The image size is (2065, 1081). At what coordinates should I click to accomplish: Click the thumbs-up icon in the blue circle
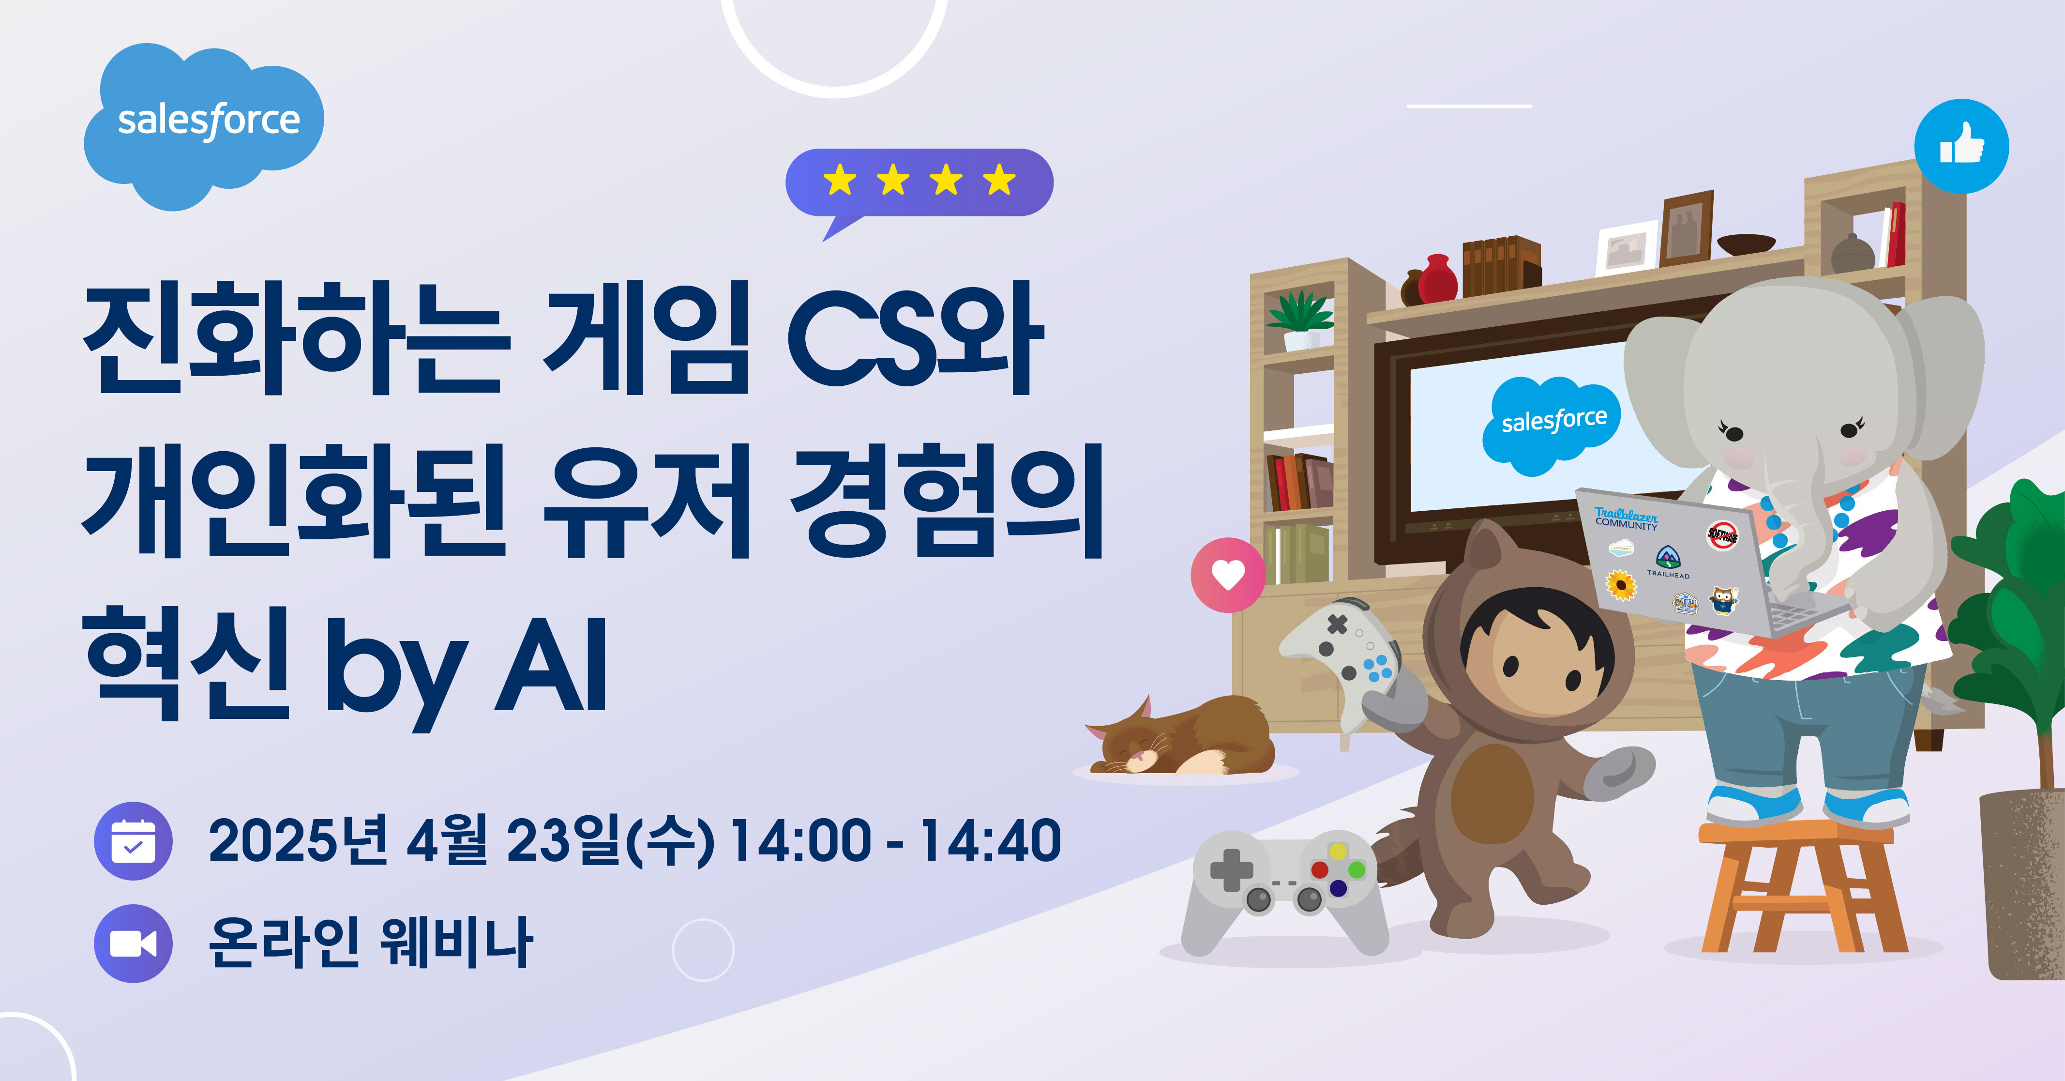coord(1961,147)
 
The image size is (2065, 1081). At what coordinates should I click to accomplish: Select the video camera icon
coord(133,944)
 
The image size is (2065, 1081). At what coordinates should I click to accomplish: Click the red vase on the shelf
coord(1437,278)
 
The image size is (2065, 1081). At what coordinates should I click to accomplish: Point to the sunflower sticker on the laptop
coord(1622,585)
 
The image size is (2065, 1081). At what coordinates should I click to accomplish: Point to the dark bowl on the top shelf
coord(1746,244)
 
